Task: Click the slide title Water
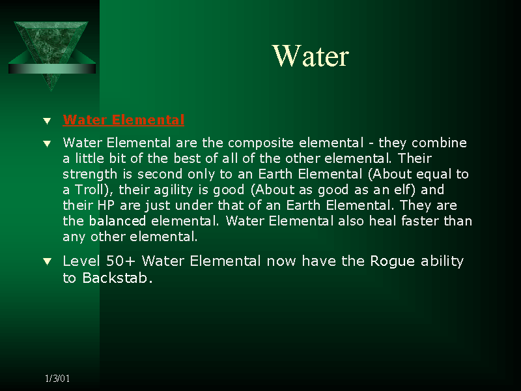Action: pyautogui.click(x=311, y=56)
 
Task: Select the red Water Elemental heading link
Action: pyautogui.click(x=124, y=120)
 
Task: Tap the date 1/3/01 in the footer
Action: pyautogui.click(x=57, y=379)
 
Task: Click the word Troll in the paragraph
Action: pyautogui.click(x=89, y=190)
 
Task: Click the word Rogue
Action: pyautogui.click(x=393, y=262)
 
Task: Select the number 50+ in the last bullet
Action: pyautogui.click(x=120, y=261)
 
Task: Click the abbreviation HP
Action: pyautogui.click(x=106, y=205)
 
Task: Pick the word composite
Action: pyautogui.click(x=261, y=143)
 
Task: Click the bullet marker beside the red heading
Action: pyautogui.click(x=47, y=121)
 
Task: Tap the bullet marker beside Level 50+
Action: pyautogui.click(x=47, y=262)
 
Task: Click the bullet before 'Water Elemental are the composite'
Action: pyautogui.click(x=47, y=143)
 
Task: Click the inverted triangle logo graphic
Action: pyautogui.click(x=51, y=46)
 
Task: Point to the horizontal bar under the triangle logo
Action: pyautogui.click(x=52, y=68)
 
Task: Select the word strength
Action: pyautogui.click(x=90, y=174)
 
